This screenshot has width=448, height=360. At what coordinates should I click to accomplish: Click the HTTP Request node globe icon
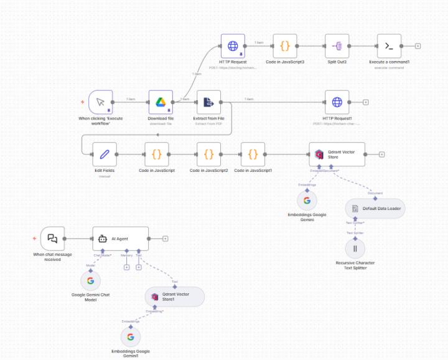(233, 45)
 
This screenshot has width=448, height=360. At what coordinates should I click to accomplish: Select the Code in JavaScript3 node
(285, 45)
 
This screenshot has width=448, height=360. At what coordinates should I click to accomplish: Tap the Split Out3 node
(337, 45)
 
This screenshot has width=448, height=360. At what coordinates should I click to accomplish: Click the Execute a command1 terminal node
(389, 45)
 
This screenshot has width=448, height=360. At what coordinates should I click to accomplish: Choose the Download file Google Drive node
(160, 102)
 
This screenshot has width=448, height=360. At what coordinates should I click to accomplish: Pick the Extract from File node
(208, 102)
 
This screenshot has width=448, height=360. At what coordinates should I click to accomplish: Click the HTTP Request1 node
(337, 102)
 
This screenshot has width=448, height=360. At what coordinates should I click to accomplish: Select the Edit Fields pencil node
(105, 154)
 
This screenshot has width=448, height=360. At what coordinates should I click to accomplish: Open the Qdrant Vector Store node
(337, 154)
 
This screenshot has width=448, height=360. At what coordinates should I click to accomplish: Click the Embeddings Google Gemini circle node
(307, 201)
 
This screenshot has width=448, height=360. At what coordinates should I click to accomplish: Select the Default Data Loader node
(375, 209)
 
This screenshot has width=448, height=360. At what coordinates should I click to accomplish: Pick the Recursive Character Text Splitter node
(355, 249)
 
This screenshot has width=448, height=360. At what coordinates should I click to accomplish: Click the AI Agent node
(121, 239)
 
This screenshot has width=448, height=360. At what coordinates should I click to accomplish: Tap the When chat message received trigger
(52, 239)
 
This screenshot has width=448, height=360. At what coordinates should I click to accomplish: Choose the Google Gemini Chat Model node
(90, 281)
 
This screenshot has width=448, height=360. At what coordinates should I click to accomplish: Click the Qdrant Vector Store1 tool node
(174, 296)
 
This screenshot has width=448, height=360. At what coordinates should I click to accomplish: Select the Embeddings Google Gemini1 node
(130, 337)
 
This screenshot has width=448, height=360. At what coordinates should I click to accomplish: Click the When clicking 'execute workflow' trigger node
(100, 102)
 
